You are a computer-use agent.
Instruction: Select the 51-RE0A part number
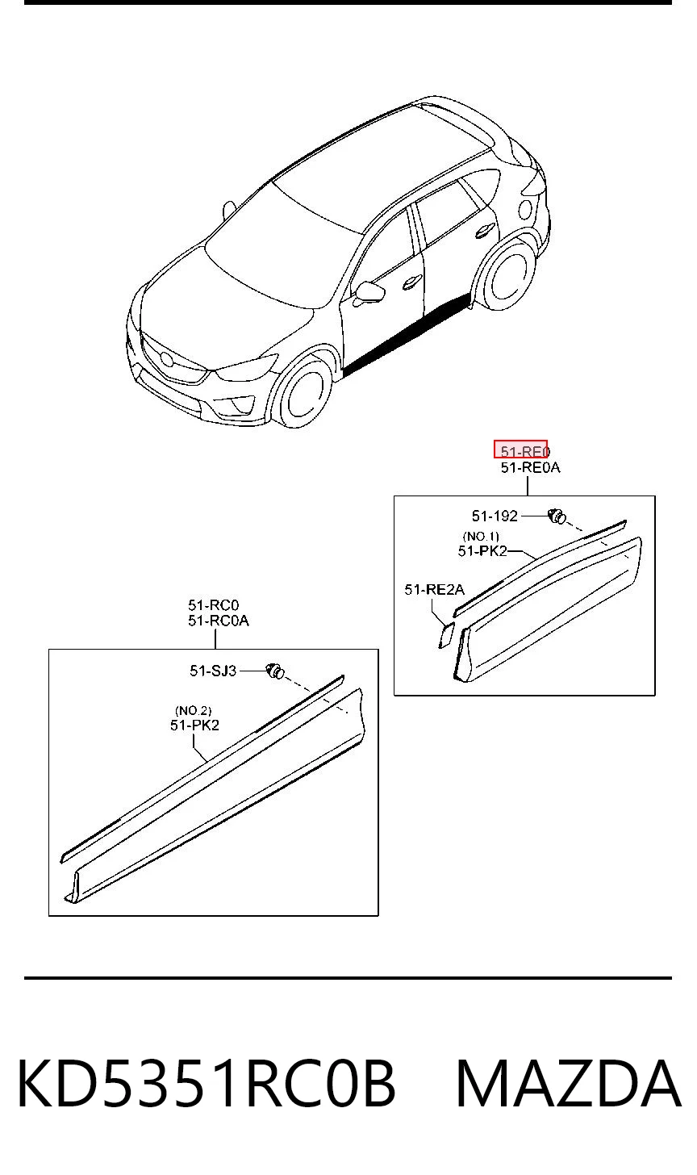pos(530,467)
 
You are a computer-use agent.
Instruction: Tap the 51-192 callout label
pos(495,516)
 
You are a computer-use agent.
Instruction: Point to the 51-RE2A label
pos(434,590)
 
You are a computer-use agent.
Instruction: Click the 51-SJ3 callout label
pos(213,671)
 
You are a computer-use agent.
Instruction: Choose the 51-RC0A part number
pos(219,621)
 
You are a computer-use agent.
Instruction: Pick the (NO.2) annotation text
pos(193,711)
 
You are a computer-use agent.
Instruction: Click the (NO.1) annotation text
pos(481,536)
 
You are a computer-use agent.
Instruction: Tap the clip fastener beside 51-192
pos(557,516)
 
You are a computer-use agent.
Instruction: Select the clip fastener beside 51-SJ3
pos(275,671)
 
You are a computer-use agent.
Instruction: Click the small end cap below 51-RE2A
pos(446,635)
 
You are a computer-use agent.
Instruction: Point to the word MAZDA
pos(569,1084)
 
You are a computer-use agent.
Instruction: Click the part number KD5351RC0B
pos(206,1084)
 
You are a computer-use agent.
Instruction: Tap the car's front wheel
pos(304,391)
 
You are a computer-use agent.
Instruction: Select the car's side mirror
pos(368,292)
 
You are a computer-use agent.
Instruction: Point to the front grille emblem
pos(167,358)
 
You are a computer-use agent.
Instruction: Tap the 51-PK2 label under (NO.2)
pos(194,725)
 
